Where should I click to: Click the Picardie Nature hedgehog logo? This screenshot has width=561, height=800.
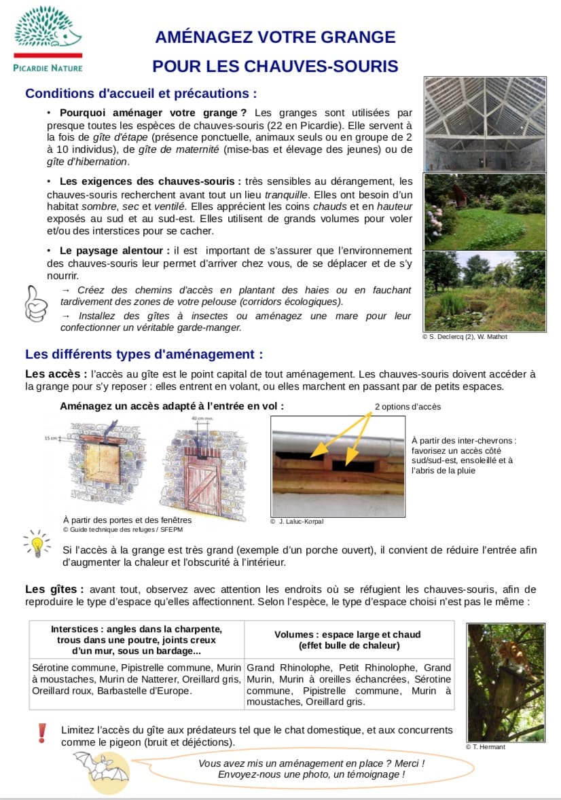pos(48,32)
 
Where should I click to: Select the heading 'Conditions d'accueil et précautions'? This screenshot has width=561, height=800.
pos(141,93)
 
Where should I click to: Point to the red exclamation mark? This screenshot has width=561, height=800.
pos(42,732)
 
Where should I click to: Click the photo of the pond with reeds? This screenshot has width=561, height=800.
pos(485,291)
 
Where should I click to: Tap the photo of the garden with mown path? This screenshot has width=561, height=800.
pos(485,211)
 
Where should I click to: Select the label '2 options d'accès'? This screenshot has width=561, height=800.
pos(408,407)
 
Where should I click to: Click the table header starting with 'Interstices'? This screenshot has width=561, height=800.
pos(137,640)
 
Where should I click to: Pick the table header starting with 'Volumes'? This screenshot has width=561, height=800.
pos(348,640)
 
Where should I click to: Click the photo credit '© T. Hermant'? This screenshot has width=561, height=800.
pos(486,747)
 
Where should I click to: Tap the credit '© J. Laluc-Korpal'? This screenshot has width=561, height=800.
pos(297,522)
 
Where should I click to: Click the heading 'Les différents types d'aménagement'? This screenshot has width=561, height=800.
pos(143,354)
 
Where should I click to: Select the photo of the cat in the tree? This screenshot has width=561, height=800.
pos(505,682)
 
